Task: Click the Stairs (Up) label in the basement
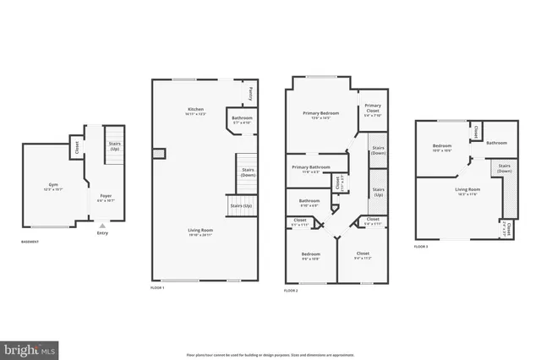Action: [x=115, y=146]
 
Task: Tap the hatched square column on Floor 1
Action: [x=158, y=153]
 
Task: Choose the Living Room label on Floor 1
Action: [x=200, y=232]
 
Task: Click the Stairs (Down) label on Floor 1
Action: [x=248, y=173]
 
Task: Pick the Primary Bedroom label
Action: [x=320, y=115]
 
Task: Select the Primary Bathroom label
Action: [x=310, y=169]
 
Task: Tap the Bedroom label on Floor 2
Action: [x=310, y=255]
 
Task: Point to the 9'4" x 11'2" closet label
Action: [x=363, y=254]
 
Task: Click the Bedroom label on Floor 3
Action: [x=442, y=147]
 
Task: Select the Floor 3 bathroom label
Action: [x=495, y=143]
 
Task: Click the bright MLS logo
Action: [x=30, y=348]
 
